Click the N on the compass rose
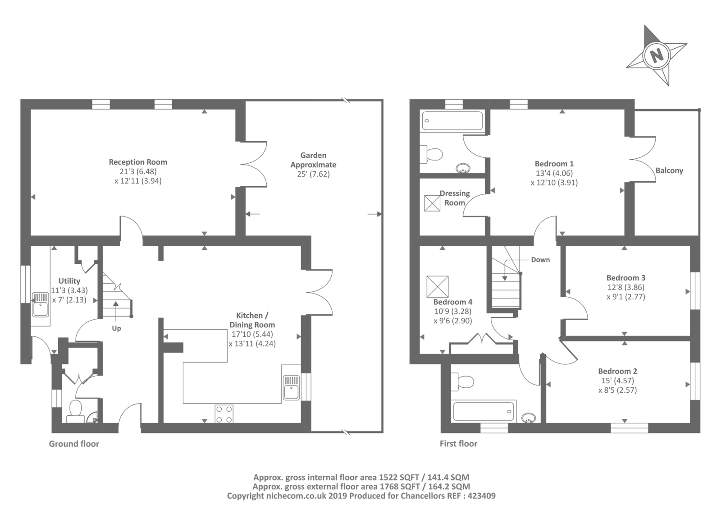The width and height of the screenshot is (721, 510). pos(657,56)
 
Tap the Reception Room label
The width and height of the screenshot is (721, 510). pos(138,162)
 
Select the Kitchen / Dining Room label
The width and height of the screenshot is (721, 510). pos(252,320)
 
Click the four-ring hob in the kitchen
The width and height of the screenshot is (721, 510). pos(224,414)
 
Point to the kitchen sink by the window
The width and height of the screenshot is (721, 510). pos(291,388)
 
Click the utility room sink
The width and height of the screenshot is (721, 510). pos(40,304)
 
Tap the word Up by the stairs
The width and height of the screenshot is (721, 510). pos(116,329)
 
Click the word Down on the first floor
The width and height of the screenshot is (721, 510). pos(540,260)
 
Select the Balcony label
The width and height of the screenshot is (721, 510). pos(670,171)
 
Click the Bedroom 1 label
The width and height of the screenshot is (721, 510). pos(554,164)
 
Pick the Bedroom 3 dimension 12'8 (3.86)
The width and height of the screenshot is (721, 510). pos(626,287)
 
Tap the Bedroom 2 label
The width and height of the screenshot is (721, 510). pos(618,371)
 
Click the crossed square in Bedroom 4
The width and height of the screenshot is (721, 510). pos(438,286)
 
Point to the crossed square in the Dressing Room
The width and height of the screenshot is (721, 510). pos(432,203)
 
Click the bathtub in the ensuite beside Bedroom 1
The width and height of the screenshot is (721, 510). pos(452,121)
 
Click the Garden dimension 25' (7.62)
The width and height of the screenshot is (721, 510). pos(313,175)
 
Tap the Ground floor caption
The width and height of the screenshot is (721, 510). pos(74,444)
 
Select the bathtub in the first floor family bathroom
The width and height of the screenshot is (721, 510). pos(484,412)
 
